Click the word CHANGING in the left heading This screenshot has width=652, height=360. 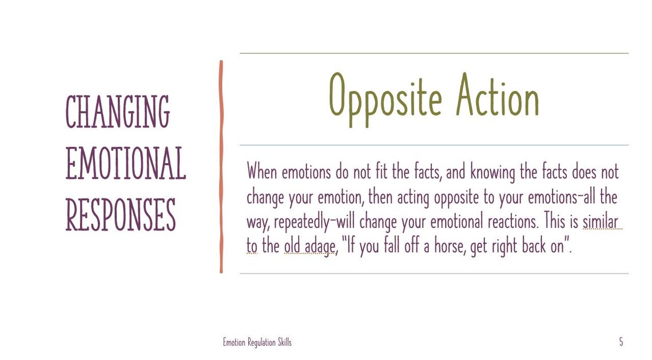117,112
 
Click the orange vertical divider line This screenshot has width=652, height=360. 221,166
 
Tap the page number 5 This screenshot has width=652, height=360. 621,342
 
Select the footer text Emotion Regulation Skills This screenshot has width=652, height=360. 257,342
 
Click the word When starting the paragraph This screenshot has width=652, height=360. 262,171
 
